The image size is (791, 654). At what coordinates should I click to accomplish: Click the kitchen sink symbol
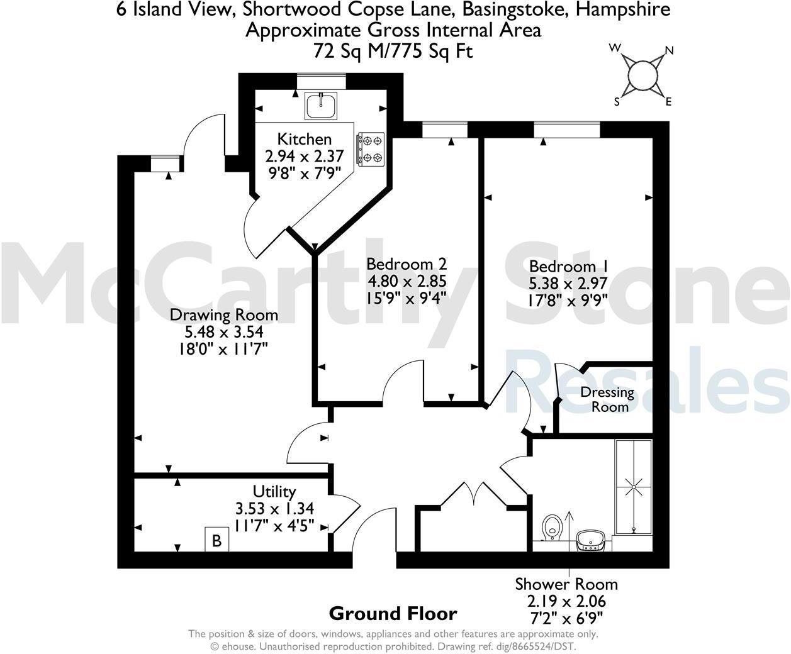(x=321, y=105)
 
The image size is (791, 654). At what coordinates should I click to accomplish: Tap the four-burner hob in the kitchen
(x=370, y=150)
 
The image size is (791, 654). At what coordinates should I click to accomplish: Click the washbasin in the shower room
(x=592, y=539)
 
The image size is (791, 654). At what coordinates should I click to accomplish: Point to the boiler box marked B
(x=216, y=540)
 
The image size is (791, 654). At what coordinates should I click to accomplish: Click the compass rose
(x=643, y=75)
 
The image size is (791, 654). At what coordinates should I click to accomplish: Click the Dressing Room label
(x=607, y=399)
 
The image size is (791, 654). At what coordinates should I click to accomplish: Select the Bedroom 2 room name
(x=407, y=264)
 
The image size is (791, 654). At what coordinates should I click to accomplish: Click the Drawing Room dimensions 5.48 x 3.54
(x=225, y=331)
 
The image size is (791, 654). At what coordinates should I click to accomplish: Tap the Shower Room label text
(x=566, y=584)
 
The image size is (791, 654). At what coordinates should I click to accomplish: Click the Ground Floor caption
(x=393, y=613)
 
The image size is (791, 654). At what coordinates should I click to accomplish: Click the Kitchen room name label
(x=305, y=139)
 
